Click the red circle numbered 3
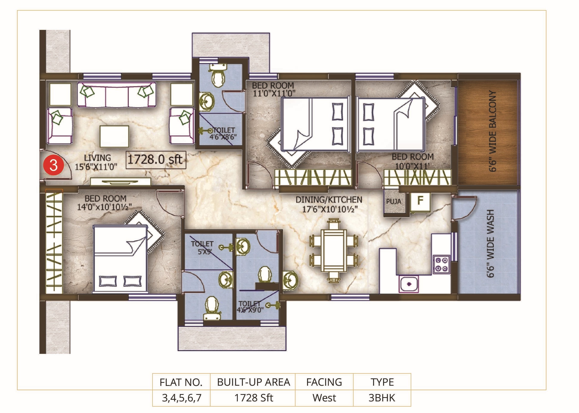tap(53, 165)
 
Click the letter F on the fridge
tap(420, 201)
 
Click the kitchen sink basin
tap(409, 284)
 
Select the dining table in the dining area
tap(334, 251)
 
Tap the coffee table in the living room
tap(114, 136)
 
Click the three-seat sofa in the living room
tap(117, 95)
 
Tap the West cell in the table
tap(324, 398)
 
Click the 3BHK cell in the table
tap(382, 398)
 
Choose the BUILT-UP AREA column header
tap(253, 382)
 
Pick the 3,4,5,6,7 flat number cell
tap(182, 398)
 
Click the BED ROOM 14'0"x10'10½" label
tap(105, 203)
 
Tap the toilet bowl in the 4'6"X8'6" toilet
tap(218, 78)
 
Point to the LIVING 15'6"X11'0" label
tap(96, 162)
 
